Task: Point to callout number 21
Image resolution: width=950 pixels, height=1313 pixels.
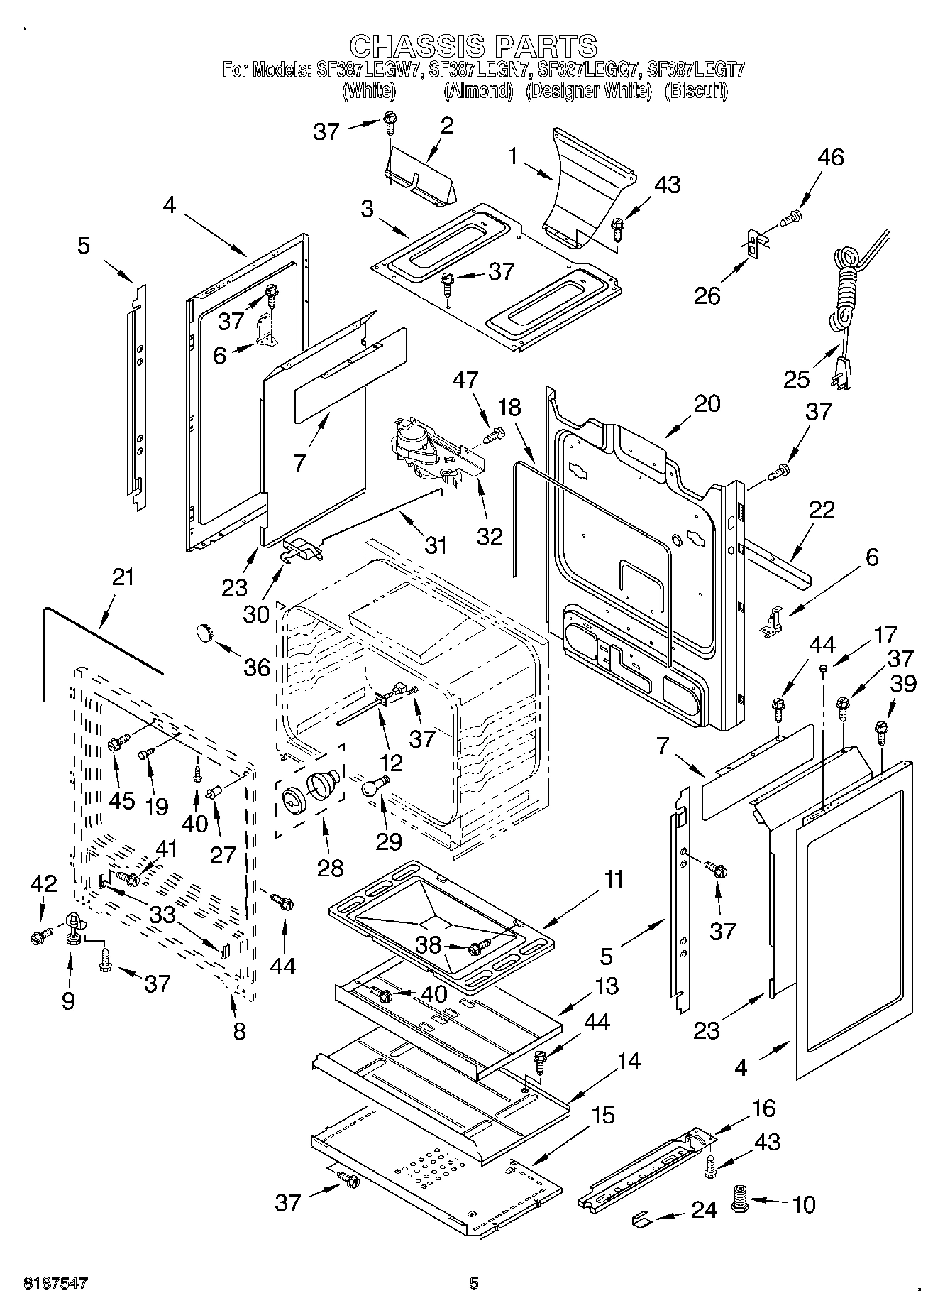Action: pos(123,577)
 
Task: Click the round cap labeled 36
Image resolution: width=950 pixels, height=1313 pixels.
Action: pos(205,631)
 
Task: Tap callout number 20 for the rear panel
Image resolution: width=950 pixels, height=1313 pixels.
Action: pos(707,403)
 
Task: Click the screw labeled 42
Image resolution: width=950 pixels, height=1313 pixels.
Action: pos(40,937)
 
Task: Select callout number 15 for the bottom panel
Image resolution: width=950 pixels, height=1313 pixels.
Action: pos(602,1116)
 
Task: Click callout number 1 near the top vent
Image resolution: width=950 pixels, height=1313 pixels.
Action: pos(513,157)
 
